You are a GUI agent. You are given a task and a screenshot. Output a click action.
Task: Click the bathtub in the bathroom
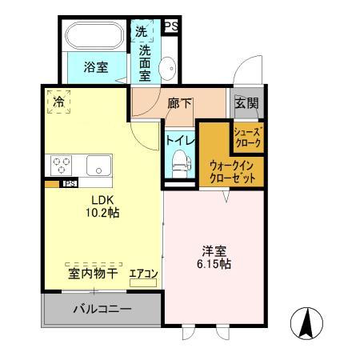pos(94,36)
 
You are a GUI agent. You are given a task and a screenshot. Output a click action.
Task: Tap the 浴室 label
pos(96,68)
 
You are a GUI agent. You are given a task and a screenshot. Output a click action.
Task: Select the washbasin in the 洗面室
pos(170,69)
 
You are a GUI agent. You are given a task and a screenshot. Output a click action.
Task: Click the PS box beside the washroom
pos(170,26)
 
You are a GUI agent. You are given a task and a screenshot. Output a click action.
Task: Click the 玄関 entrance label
pos(244,102)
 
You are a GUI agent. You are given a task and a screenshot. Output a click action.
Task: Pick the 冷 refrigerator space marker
pos(58,102)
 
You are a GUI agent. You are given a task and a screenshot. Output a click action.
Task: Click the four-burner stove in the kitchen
pos(62,166)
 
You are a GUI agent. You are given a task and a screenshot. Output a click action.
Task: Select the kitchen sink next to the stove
pos(99,166)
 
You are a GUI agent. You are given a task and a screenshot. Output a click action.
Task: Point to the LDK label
pos(102,200)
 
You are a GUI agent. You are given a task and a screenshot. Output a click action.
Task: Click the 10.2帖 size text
pos(102,214)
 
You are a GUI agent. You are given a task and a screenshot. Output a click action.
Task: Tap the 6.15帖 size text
pos(214,263)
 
